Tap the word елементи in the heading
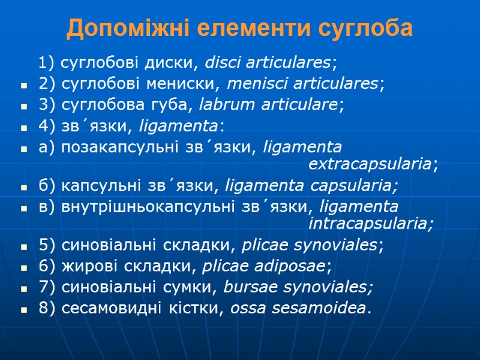tap(253, 28)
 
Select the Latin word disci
tap(221, 62)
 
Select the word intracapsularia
tap(370, 224)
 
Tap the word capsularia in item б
tap(354, 186)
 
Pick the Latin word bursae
tap(244, 288)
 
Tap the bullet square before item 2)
tap(24, 85)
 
